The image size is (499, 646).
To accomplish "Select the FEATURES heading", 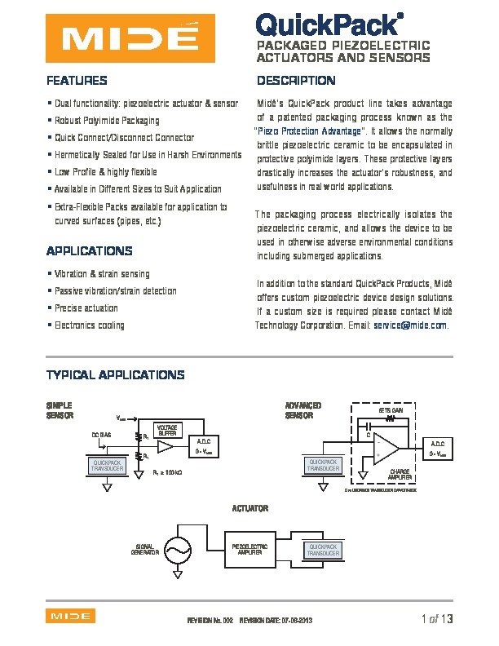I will pyautogui.click(x=77, y=81).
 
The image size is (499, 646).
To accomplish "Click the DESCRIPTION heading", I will pyautogui.click(x=296, y=81).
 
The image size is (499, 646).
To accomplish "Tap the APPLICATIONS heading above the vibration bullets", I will pyautogui.click(x=90, y=250).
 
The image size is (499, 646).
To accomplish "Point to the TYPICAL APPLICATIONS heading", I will pyautogui.click(x=116, y=375).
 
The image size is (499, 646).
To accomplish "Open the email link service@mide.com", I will pyautogui.click(x=410, y=325).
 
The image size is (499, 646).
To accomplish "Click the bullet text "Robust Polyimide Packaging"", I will pyautogui.click(x=107, y=121).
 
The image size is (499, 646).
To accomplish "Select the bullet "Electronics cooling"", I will pyautogui.click(x=90, y=325).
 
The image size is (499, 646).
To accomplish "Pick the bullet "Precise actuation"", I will pyautogui.click(x=86, y=308).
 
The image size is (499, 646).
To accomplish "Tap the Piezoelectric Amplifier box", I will pyautogui.click(x=249, y=549).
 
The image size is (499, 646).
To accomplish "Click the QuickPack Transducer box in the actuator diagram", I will pyautogui.click(x=324, y=550).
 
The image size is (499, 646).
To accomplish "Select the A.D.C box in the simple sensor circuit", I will pyautogui.click(x=204, y=447).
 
